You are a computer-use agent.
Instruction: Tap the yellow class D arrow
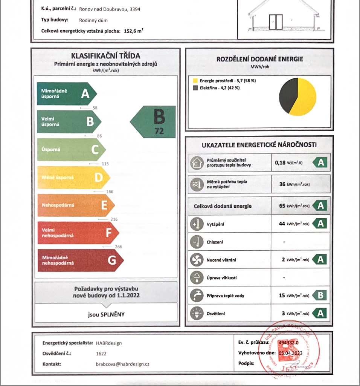[x=73, y=177]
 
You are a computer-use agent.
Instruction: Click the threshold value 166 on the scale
[x=110, y=192]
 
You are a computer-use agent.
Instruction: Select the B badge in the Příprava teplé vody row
[x=320, y=295]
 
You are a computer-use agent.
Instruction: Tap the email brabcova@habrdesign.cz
[x=123, y=364]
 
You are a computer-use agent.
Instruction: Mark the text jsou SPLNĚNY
[x=106, y=314]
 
